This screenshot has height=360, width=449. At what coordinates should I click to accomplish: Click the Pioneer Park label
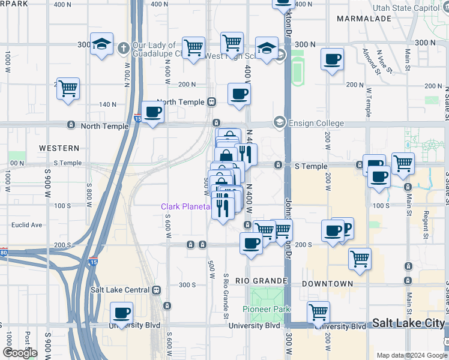click(267, 309)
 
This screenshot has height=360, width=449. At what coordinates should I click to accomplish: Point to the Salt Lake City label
click(408, 323)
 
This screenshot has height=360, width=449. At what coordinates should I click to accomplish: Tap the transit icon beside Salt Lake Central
click(157, 290)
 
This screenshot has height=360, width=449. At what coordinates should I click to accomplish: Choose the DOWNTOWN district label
click(327, 283)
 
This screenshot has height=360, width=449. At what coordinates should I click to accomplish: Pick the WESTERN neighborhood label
click(59, 148)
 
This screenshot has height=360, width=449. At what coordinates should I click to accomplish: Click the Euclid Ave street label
click(28, 225)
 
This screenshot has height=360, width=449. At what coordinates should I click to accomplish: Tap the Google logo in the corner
click(20, 353)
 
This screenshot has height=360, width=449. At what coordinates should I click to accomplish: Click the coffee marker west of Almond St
click(332, 59)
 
